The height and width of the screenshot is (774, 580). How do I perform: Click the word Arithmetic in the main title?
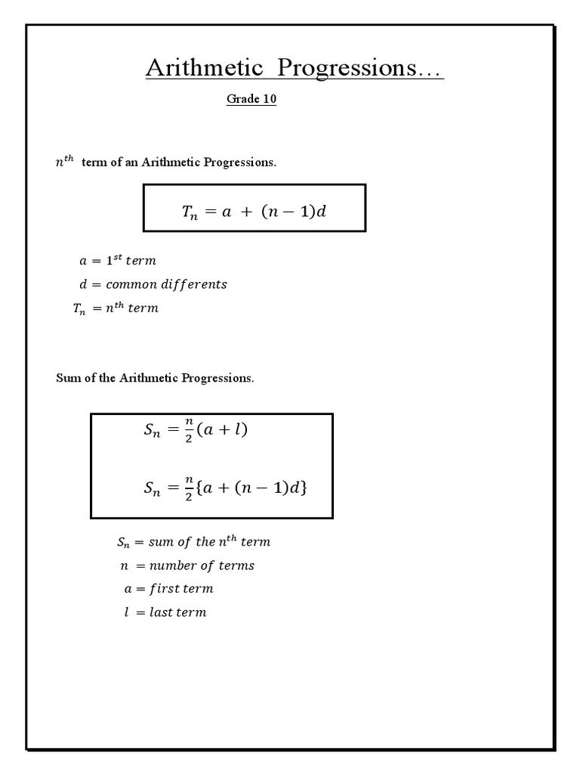(204, 68)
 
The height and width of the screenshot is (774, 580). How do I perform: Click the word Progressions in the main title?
(348, 68)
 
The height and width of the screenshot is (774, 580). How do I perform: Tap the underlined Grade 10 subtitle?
(251, 100)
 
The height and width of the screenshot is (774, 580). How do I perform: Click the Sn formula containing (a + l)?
(196, 432)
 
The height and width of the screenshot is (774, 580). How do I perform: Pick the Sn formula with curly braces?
(225, 488)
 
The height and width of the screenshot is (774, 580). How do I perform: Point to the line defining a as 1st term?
(118, 261)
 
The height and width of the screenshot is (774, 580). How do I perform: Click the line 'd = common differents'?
(153, 285)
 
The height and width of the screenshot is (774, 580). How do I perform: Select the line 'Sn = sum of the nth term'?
(193, 542)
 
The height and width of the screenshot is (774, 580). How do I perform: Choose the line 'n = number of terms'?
(189, 565)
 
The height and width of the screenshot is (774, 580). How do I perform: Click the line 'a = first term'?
(168, 589)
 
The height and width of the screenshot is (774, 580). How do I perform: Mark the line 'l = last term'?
(165, 612)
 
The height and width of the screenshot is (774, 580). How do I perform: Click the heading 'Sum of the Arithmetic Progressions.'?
(155, 378)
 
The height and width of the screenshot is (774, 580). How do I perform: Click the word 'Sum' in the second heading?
(66, 378)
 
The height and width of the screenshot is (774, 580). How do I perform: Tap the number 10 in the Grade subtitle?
(268, 100)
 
